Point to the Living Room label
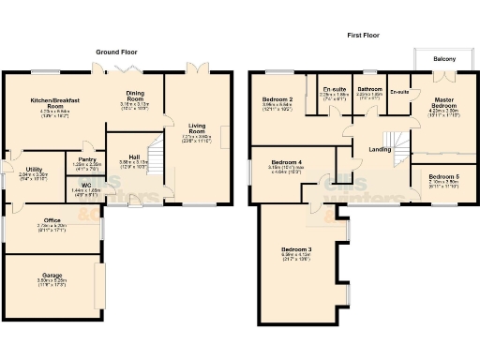tap(196, 126)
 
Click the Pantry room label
tap(88, 159)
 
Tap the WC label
tap(85, 184)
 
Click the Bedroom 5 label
tap(443, 176)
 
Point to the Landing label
tap(380, 149)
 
